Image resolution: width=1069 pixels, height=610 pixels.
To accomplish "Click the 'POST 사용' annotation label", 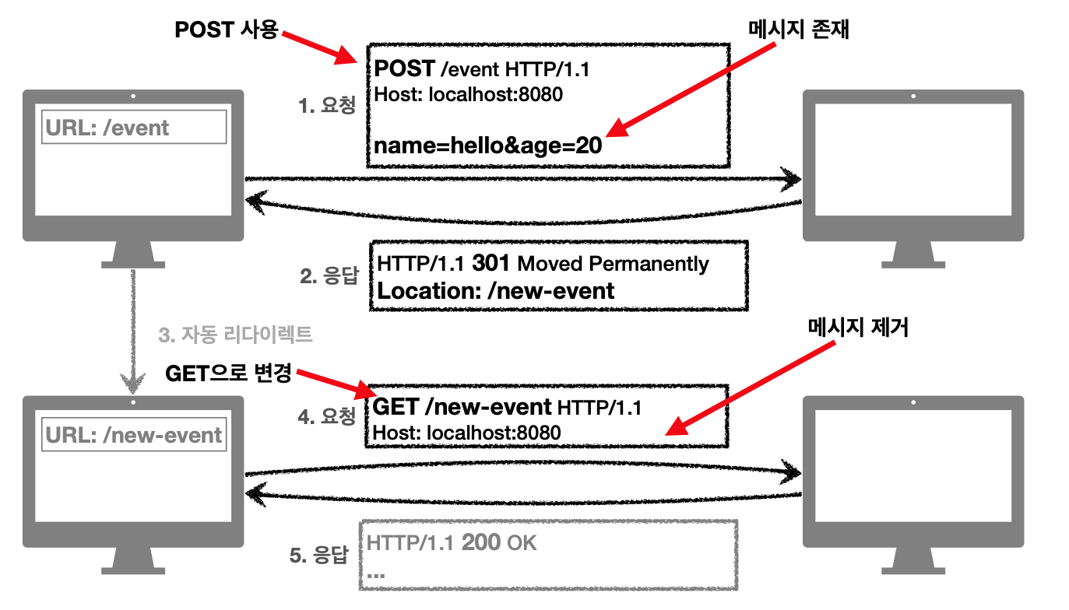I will (226, 30).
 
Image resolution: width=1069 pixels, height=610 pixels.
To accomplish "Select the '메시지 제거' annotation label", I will (859, 328).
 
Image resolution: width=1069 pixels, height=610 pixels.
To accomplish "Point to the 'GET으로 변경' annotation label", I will (228, 374).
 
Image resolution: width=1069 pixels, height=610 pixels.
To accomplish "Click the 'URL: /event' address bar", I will (133, 127).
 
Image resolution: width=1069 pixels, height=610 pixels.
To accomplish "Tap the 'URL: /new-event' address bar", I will (133, 435).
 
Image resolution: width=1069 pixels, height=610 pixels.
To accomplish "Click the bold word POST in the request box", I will (404, 69).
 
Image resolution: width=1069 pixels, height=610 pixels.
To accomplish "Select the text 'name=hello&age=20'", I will (488, 145).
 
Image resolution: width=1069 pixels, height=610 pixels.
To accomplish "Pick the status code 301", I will (491, 264).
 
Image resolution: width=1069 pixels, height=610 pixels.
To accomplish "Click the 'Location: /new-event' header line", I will (496, 291).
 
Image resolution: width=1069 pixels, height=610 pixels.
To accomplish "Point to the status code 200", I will (480, 542).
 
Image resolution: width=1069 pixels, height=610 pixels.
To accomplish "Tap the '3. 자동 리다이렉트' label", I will (235, 335).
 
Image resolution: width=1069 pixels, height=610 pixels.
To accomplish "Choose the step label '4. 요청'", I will (327, 416).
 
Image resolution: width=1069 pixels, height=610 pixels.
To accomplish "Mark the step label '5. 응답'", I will (318, 556).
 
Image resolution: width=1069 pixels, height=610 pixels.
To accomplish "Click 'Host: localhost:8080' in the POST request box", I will (469, 95).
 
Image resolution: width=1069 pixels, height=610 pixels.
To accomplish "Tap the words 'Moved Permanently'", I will (613, 264).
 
